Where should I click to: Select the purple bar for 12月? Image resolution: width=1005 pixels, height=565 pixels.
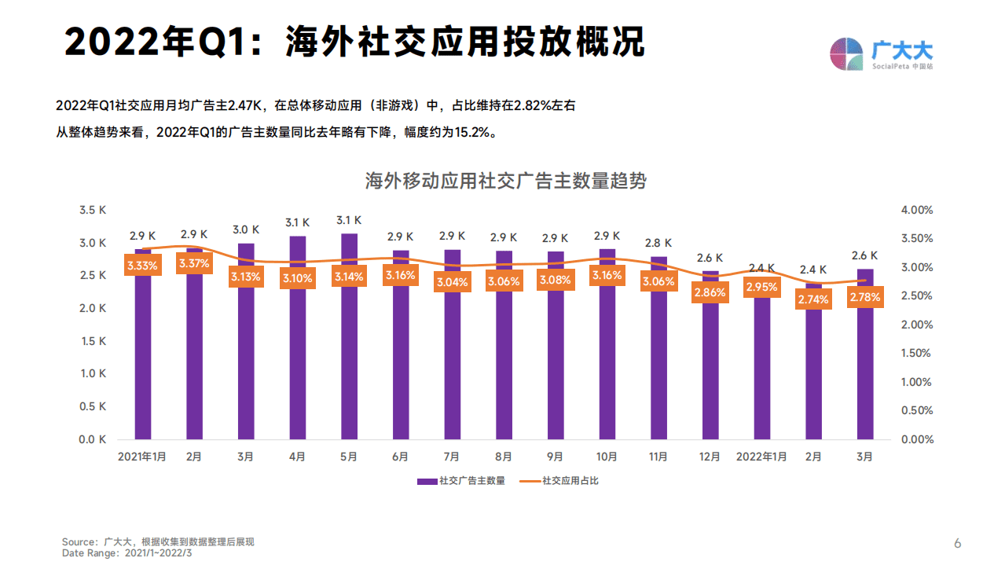point(710,369)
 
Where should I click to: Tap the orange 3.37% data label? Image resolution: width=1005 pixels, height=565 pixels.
point(194,263)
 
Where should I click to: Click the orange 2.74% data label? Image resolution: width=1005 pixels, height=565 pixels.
point(813,299)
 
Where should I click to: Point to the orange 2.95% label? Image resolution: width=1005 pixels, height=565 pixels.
point(761,287)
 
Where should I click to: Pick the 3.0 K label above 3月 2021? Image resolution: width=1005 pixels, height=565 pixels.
point(246,229)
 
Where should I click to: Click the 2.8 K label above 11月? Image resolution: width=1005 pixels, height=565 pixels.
point(658,243)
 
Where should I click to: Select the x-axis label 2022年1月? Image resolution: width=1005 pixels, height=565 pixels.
point(761,457)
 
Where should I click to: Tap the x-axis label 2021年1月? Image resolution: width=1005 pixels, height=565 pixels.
point(142,457)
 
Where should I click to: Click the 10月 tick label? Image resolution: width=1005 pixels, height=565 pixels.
point(607,457)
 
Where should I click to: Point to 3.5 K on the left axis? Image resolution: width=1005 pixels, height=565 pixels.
point(93,210)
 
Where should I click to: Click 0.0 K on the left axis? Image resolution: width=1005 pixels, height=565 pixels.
point(93,439)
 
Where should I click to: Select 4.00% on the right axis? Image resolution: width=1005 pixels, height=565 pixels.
point(916,210)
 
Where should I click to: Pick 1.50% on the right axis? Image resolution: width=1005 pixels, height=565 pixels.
point(916,354)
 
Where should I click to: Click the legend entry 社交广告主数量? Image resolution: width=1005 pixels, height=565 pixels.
point(461,480)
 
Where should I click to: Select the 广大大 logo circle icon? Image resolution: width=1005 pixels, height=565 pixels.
point(847,53)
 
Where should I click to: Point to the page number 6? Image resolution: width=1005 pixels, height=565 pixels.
point(957,543)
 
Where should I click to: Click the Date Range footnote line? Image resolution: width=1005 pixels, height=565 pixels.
point(127,553)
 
